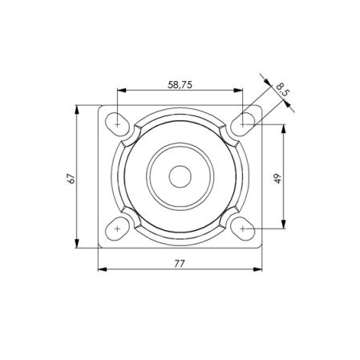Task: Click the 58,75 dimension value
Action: (180, 85)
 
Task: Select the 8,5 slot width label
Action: (282, 89)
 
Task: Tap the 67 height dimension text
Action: (71, 178)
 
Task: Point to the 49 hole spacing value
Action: (277, 178)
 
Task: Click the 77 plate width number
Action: (180, 264)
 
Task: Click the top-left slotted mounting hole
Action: (117, 124)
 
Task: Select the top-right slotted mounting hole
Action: (243, 124)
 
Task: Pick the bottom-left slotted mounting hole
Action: (117, 229)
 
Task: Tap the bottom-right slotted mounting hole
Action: (243, 229)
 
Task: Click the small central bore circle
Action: (180, 176)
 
